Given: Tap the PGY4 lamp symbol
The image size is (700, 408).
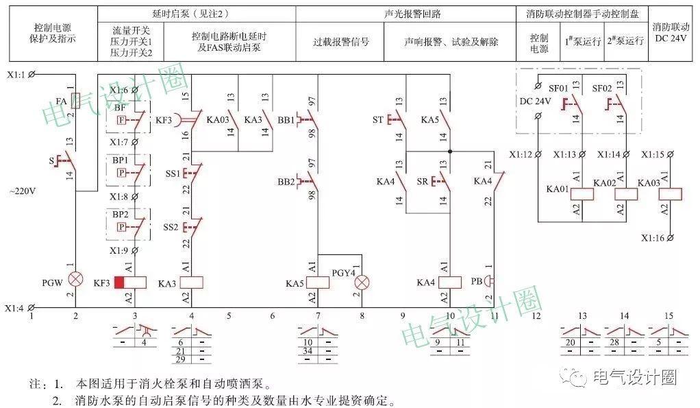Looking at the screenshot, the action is click(364, 281).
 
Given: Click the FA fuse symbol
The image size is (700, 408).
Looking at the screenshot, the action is click(76, 101).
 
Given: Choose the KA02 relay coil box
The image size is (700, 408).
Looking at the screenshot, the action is click(625, 193).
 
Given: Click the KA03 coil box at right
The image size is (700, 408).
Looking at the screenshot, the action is click(669, 193).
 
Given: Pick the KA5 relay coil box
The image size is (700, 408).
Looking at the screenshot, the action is click(318, 282).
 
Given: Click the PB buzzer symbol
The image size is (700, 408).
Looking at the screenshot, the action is click(488, 280).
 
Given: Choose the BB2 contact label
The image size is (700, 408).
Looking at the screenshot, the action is click(286, 182).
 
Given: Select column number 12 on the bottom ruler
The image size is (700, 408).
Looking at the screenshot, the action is click(536, 315).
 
